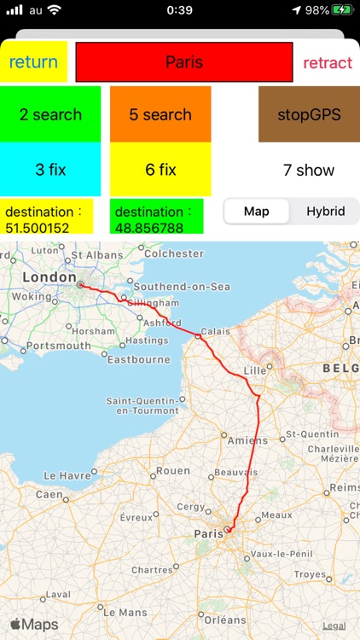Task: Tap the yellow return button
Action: coord(34,62)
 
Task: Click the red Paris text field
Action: coord(184,62)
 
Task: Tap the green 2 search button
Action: coord(50,114)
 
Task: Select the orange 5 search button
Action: coord(160,114)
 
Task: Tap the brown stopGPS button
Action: coord(309,114)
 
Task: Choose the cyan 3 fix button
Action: coord(50,169)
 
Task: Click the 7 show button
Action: coord(309,170)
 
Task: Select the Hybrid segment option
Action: coord(326,211)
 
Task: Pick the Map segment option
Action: coord(257,211)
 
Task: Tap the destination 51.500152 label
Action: coord(47,217)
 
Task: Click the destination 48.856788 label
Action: coord(157,217)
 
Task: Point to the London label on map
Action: coord(49,277)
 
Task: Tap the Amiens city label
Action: coord(247,440)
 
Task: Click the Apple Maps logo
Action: coord(34,625)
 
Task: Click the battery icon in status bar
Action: coord(342,10)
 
